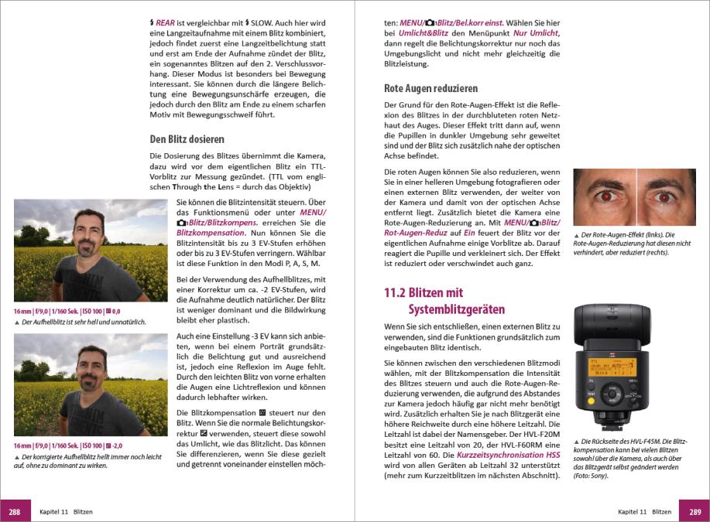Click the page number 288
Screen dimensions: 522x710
pyautogui.click(x=15, y=511)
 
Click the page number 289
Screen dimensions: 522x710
pyautogui.click(x=695, y=511)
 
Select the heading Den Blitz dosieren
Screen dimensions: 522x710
pyautogui.click(x=187, y=139)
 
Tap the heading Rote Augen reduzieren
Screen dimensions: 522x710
pyautogui.click(x=430, y=88)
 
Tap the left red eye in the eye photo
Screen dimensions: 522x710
pyautogui.click(x=605, y=196)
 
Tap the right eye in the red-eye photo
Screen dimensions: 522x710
pyautogui.click(x=664, y=196)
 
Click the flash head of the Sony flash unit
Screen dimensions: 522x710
pyautogui.click(x=612, y=325)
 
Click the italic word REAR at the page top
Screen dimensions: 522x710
pyautogui.click(x=165, y=23)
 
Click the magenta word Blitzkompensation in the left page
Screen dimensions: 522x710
pyautogui.click(x=210, y=232)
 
